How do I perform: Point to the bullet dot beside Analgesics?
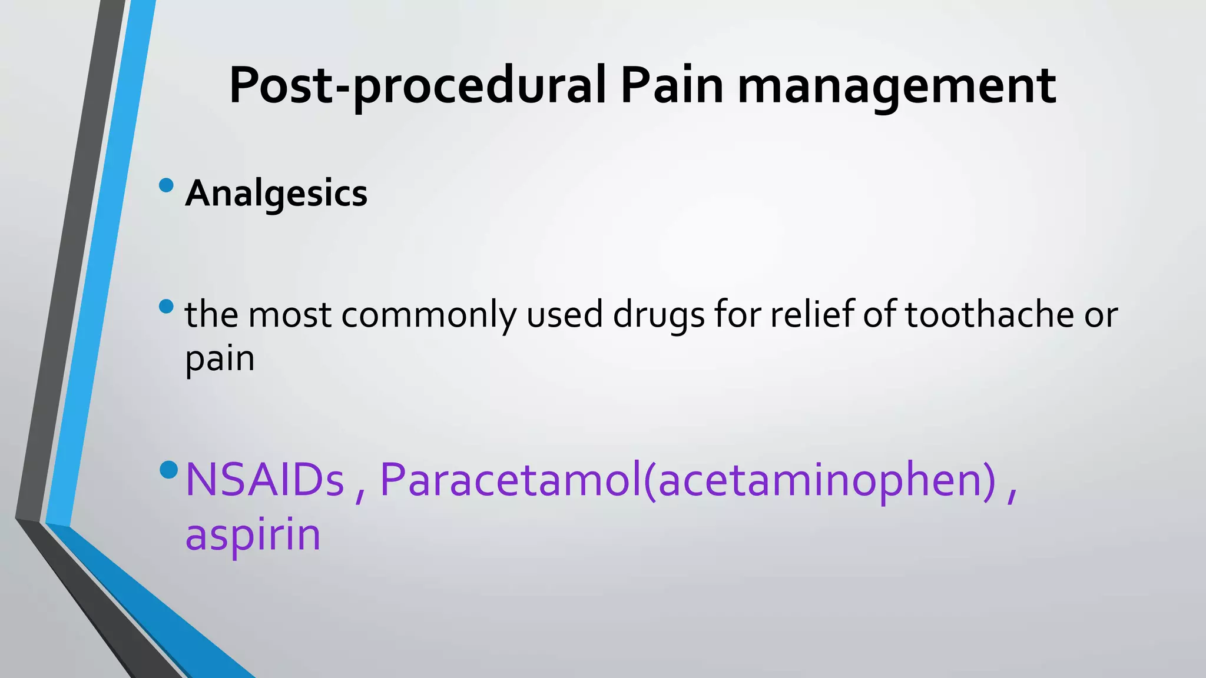(166, 185)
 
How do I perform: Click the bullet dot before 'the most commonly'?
(166, 307)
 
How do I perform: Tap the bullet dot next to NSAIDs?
(168, 470)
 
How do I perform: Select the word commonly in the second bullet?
(428, 314)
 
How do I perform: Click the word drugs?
(658, 314)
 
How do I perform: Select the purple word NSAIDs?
(264, 480)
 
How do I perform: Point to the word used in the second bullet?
(564, 314)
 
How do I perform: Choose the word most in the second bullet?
(289, 314)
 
